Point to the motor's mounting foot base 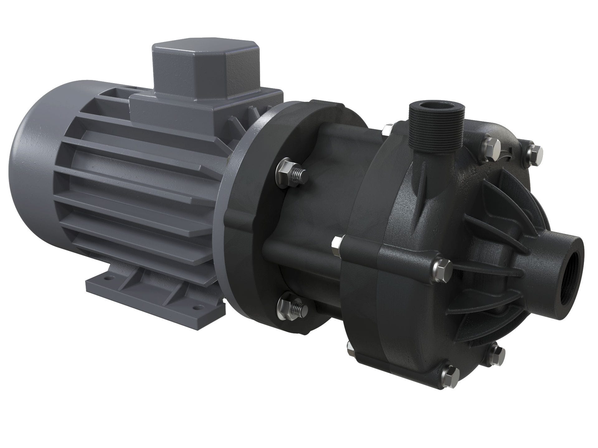point(156,292)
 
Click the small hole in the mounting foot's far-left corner point(108,275)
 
